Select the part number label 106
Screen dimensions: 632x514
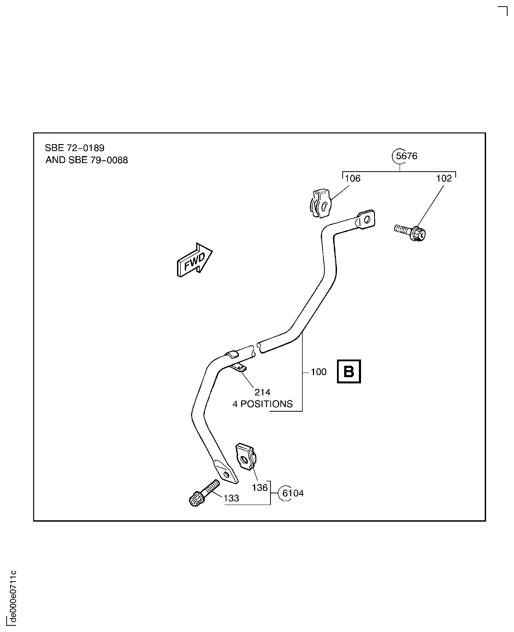[x=353, y=179]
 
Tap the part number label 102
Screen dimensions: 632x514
[x=444, y=179]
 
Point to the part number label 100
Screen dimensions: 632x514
[x=319, y=372]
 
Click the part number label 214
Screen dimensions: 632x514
[x=262, y=393]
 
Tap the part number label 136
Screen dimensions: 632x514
[x=260, y=488]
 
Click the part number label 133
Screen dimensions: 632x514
[x=231, y=498]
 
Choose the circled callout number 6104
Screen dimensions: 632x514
[x=293, y=493]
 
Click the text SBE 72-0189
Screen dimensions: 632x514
[x=75, y=148]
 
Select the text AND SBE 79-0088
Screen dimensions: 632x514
[x=86, y=160]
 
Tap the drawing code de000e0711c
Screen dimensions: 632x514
[x=12, y=597]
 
